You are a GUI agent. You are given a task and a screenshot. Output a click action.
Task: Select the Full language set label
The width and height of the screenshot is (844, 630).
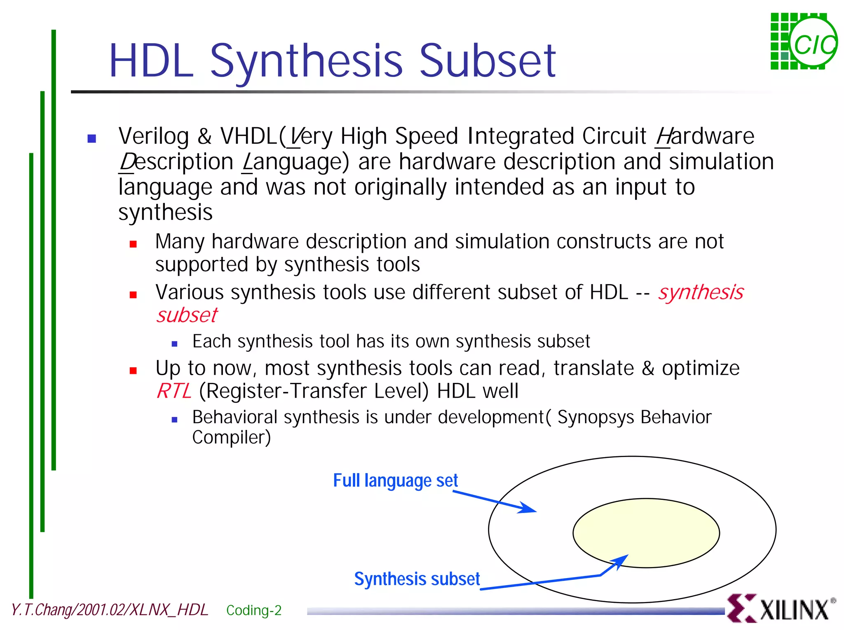tap(395, 481)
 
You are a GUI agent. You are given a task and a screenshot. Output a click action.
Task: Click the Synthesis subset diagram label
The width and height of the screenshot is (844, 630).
tap(417, 579)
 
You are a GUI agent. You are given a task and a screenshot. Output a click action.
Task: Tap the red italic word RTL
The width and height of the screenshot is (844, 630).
tap(174, 391)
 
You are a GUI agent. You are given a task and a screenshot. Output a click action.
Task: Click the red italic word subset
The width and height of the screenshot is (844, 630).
tap(187, 315)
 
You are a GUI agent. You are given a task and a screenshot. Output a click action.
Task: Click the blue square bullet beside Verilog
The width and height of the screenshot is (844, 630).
tap(92, 138)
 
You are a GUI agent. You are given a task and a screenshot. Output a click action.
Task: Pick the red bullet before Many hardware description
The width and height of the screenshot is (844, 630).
tap(133, 244)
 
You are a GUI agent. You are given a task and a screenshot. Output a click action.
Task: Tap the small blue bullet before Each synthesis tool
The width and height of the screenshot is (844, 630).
tap(174, 343)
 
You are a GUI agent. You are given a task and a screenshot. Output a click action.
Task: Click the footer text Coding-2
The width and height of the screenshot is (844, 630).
tap(254, 610)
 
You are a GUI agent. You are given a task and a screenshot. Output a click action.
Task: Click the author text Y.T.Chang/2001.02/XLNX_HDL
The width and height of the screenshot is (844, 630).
tap(109, 610)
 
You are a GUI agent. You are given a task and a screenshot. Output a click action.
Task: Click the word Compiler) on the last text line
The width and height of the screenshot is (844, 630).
tap(231, 438)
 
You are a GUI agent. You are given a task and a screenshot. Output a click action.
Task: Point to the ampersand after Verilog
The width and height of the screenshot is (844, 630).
tap(204, 136)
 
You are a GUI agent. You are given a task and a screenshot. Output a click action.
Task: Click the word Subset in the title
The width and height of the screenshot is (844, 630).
tap(488, 62)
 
